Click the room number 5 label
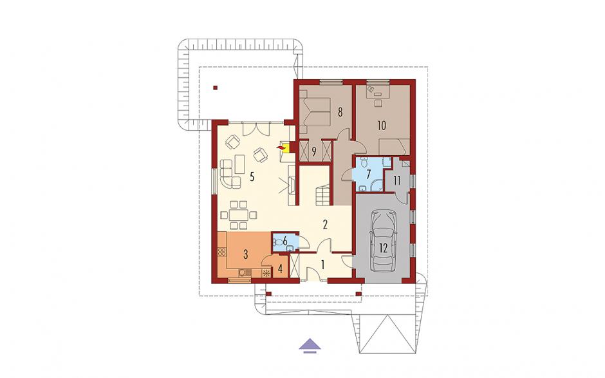coord(252,177)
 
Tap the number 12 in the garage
coord(383,248)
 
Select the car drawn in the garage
coord(384,241)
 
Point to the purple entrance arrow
coord(310,345)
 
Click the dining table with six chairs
coord(238,214)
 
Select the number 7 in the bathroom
coord(369,174)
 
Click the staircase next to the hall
coord(322,194)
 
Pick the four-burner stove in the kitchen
coord(222,252)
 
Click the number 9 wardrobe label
coord(314,152)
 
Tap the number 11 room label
coord(397,180)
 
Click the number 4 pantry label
coord(281,269)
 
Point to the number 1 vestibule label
coord(322,265)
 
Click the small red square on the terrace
coord(216,88)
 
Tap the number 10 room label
coord(382,126)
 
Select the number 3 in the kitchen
coord(245,254)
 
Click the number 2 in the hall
coord(325,224)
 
